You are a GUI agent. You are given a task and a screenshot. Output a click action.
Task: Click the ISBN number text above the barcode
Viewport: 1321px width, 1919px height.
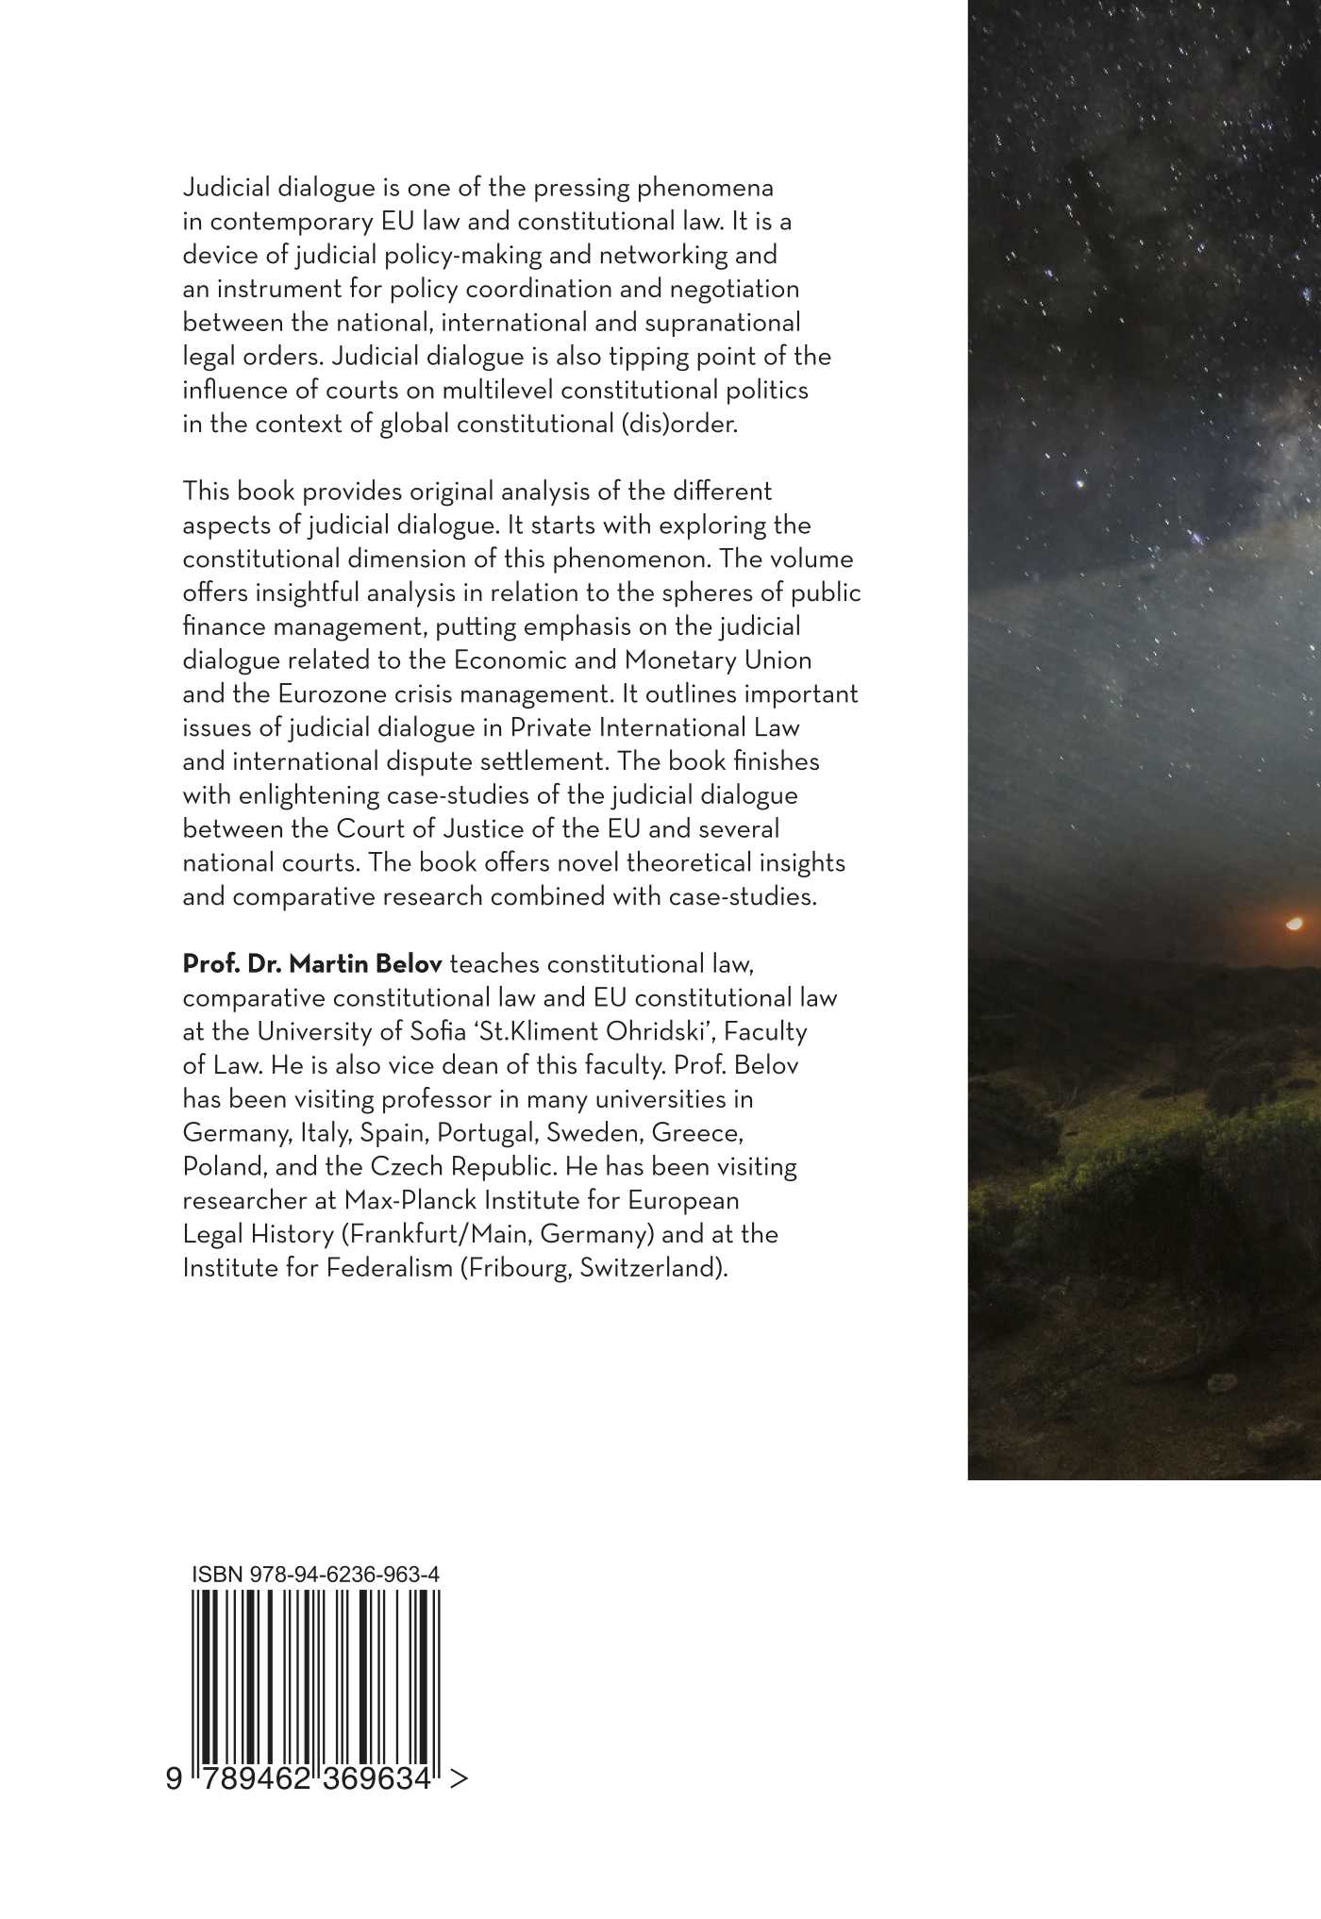pyautogui.click(x=316, y=1574)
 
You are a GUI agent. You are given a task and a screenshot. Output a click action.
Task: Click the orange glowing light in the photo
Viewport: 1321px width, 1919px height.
pyautogui.click(x=1295, y=923)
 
